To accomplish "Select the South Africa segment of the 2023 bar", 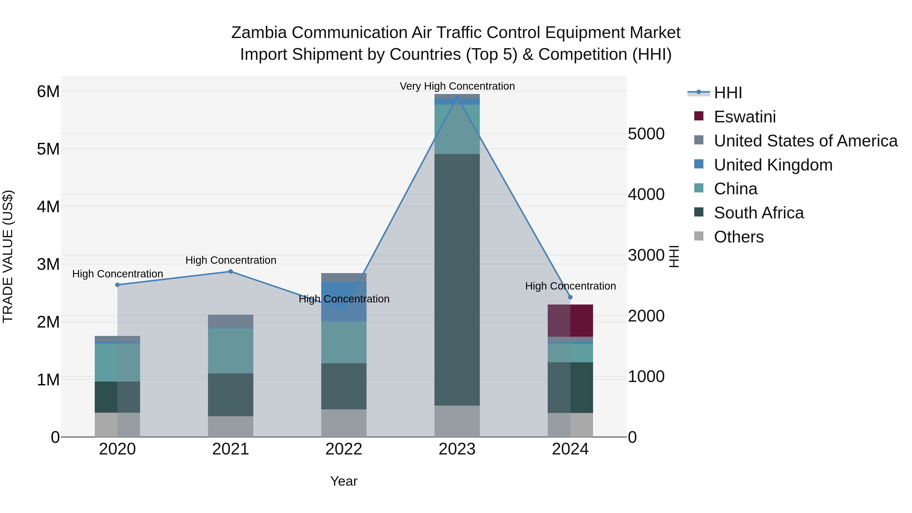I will [x=457, y=280].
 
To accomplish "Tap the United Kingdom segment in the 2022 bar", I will [x=344, y=301].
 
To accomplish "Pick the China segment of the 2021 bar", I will [x=231, y=351].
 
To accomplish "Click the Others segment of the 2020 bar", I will [x=117, y=425].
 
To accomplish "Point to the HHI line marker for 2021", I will [x=231, y=272].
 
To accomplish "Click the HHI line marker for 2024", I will [x=570, y=297].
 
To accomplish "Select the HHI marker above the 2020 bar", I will [x=118, y=285].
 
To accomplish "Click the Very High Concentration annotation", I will [x=457, y=86].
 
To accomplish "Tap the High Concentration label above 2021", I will [x=231, y=260].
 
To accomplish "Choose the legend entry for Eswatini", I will [x=745, y=117].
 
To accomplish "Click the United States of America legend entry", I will [x=805, y=141].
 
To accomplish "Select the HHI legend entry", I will [x=728, y=93].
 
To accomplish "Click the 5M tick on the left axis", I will [x=48, y=149].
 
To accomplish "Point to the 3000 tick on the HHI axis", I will [x=646, y=255].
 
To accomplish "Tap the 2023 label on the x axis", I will [x=457, y=449].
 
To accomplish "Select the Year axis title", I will [x=344, y=481].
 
